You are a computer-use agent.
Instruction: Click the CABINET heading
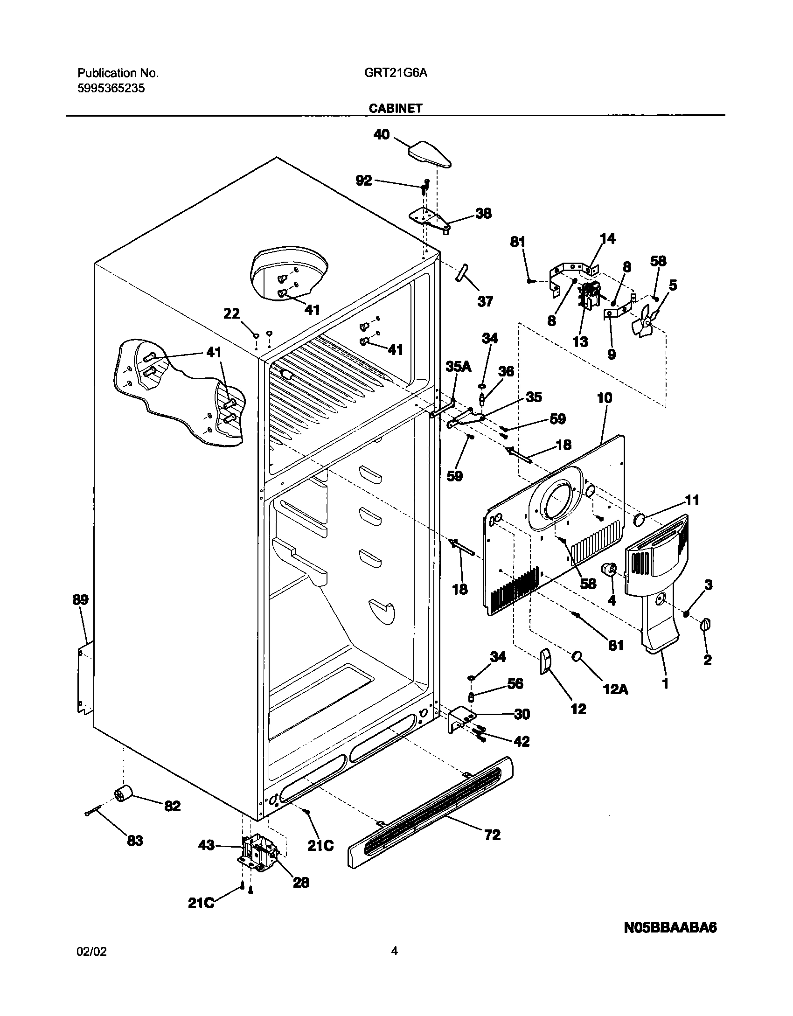[x=395, y=108]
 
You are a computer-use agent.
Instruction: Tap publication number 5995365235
[x=111, y=88]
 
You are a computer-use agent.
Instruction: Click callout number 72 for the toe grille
[x=493, y=834]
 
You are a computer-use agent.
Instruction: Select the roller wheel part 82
[x=123, y=793]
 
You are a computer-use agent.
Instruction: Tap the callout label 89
[x=80, y=599]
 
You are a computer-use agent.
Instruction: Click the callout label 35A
[x=458, y=367]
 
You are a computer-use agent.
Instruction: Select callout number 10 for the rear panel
[x=605, y=398]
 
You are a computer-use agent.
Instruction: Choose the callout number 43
[x=207, y=845]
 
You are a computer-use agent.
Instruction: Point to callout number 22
[x=231, y=314]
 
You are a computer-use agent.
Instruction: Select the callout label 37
[x=485, y=301]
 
